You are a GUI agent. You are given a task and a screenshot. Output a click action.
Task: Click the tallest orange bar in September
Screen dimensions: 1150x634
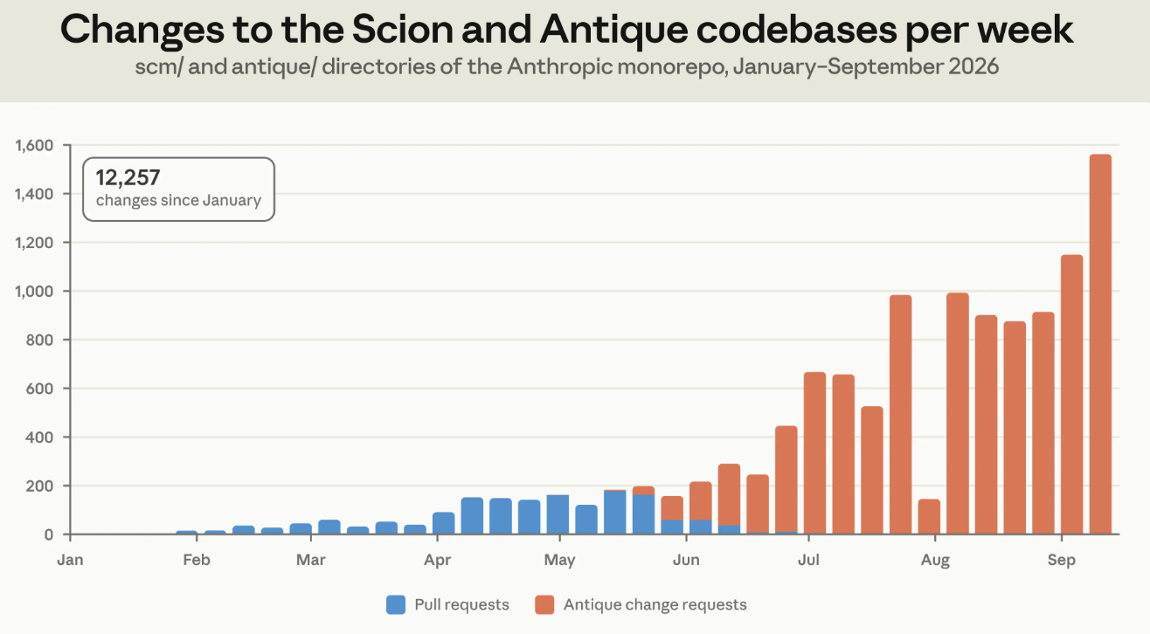1100,344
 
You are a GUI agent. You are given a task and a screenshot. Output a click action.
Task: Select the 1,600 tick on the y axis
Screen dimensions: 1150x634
34,146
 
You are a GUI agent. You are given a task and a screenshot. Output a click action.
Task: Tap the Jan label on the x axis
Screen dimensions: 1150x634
70,560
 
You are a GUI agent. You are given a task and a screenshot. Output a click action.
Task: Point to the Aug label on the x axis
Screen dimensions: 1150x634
935,560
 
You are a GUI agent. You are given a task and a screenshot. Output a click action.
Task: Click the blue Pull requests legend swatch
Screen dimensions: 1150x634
396,605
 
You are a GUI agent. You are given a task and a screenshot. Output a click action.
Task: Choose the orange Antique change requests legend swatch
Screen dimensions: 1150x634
544,605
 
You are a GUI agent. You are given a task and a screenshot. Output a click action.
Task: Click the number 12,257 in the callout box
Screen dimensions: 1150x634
128,177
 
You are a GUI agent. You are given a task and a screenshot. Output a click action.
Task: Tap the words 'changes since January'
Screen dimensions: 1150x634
178,200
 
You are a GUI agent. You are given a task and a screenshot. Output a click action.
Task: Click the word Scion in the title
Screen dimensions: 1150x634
403,30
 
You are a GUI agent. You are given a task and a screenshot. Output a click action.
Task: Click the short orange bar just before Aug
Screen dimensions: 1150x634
929,516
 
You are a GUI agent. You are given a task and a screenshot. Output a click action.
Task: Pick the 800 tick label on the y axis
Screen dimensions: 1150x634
39,340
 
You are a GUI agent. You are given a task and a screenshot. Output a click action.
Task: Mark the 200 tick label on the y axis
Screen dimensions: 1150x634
39,486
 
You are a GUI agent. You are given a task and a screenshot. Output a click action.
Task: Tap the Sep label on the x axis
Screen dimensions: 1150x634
1061,560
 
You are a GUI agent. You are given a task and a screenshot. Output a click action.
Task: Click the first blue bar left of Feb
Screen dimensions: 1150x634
186,533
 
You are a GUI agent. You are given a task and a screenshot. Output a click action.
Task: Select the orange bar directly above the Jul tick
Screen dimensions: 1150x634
814,453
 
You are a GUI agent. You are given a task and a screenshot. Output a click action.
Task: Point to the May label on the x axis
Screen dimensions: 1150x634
559,561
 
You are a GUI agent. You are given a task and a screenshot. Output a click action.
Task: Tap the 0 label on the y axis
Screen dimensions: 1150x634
49,535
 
